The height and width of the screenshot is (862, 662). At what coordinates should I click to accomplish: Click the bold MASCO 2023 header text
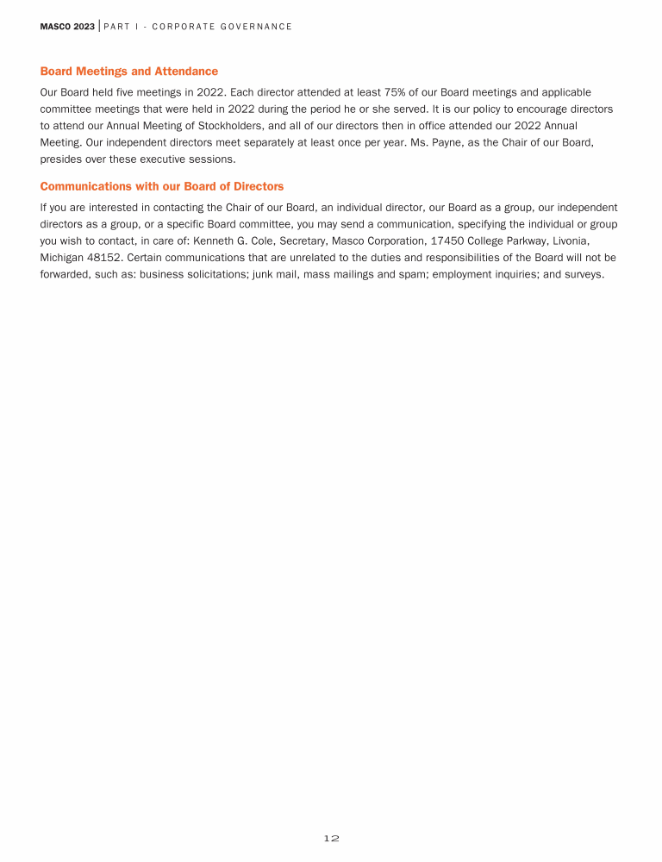tap(67, 27)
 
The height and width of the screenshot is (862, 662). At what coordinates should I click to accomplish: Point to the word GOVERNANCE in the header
tap(257, 27)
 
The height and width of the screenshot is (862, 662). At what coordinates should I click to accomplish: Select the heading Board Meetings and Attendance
tap(129, 72)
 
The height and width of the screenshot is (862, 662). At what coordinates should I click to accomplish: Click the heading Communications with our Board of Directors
tap(162, 186)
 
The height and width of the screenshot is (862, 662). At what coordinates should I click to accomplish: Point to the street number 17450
tap(448, 241)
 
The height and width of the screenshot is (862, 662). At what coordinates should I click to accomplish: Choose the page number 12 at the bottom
tap(332, 838)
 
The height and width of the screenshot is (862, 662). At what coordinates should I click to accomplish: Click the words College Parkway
tap(509, 241)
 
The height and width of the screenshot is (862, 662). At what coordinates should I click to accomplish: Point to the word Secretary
tap(305, 241)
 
